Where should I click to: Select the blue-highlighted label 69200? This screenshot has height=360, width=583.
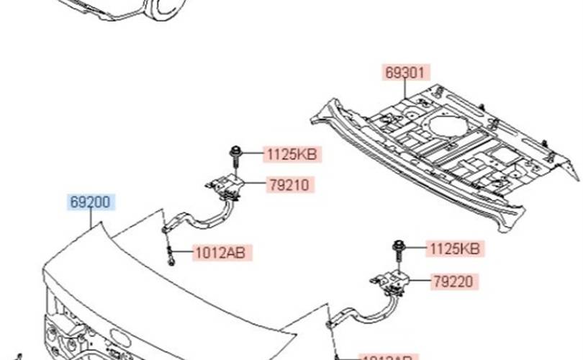91,202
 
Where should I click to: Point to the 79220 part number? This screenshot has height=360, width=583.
453,281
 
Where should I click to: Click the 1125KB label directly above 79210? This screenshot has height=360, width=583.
291,153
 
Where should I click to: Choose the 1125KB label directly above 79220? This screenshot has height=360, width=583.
453,248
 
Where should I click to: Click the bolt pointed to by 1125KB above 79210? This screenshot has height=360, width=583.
236,153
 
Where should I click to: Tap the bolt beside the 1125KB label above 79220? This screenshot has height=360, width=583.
398,248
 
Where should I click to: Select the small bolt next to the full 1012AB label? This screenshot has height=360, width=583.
171,254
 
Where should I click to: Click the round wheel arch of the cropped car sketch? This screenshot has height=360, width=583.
162,9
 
